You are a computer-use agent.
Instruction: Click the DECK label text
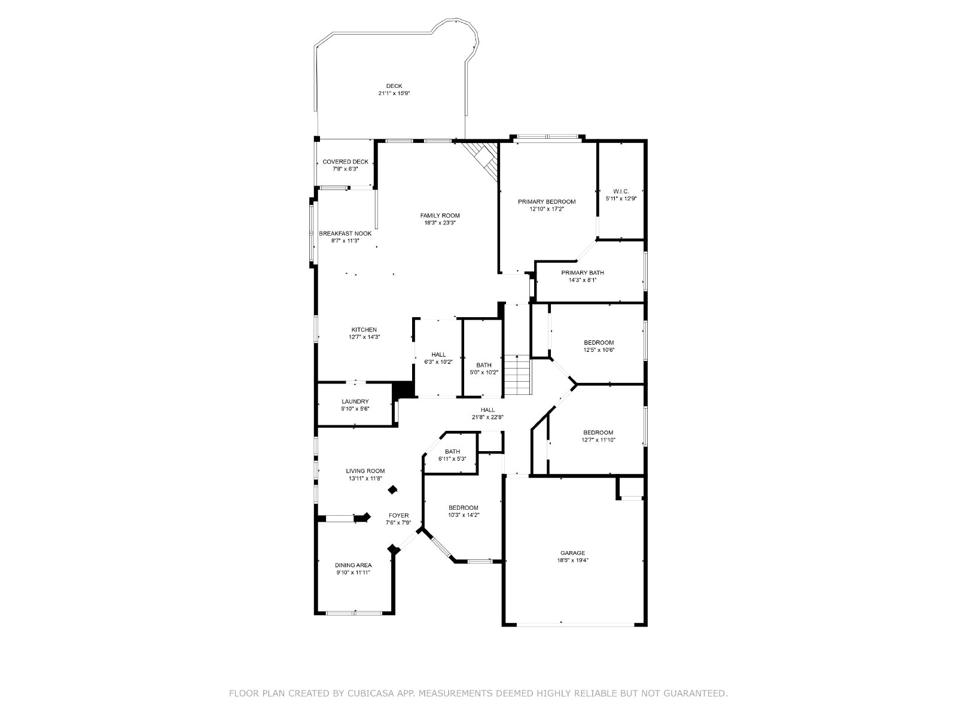394,86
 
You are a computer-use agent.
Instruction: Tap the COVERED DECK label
345,162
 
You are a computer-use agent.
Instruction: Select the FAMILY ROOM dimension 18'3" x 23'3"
440,223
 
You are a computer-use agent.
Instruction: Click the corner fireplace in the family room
483,160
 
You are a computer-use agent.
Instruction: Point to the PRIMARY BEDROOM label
546,202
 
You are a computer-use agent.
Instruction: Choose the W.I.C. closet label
621,191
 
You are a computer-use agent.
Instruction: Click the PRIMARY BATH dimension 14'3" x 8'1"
583,280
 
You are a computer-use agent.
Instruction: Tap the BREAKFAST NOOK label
345,234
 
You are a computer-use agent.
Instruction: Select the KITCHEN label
364,330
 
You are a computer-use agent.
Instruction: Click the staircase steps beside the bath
517,375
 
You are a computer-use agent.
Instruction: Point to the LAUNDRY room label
355,401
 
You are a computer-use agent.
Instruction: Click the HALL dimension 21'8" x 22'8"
487,417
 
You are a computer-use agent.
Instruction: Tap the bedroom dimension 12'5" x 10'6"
599,349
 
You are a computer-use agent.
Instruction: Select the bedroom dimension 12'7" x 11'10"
598,440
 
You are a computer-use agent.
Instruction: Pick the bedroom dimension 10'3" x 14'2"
464,515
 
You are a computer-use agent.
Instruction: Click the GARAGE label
572,553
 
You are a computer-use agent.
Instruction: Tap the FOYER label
398,516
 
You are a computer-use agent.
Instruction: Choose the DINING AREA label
353,565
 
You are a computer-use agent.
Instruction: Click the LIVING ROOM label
365,471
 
